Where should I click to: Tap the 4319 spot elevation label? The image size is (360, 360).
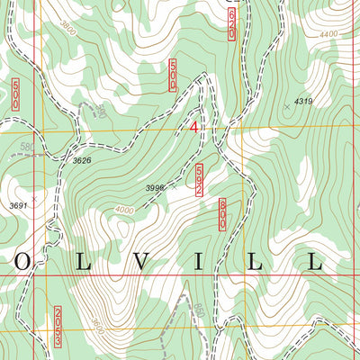302,102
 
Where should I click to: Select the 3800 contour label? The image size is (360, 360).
67,30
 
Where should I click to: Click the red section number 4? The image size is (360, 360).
193,128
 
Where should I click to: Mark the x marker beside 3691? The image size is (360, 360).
33,197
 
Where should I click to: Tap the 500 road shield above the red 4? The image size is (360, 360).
171,75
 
